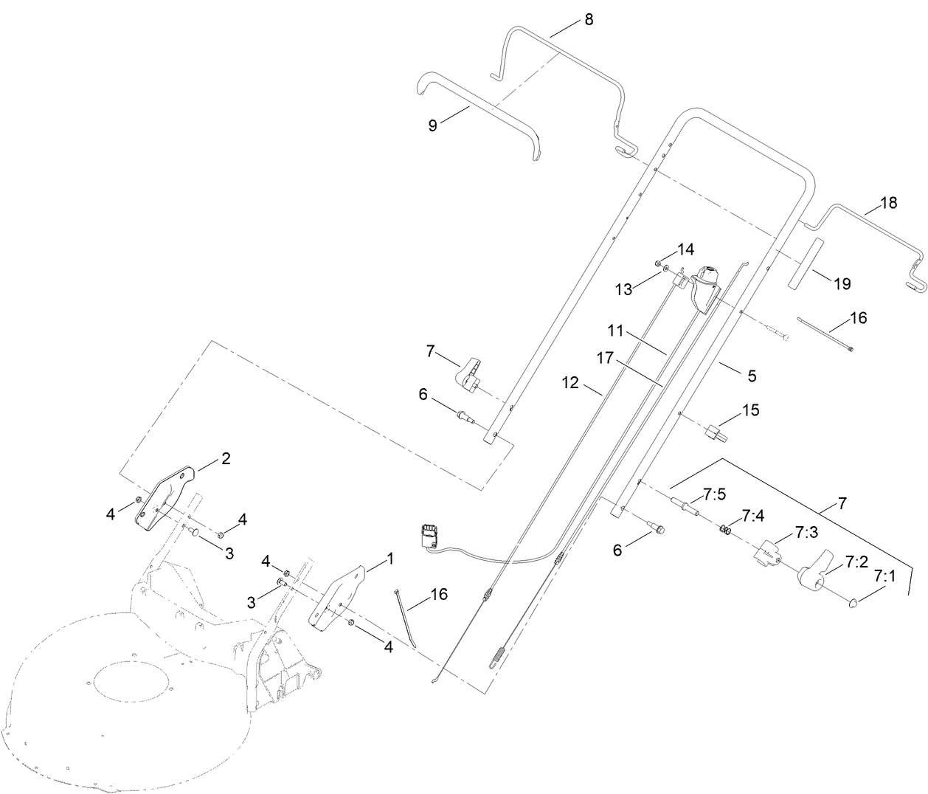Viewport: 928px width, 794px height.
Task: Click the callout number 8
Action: tap(588, 20)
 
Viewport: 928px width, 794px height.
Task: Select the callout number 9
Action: tap(432, 125)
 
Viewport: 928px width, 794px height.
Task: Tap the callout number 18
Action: tap(889, 203)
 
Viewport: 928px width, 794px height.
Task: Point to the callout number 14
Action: tap(686, 249)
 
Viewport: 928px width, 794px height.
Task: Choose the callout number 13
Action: tap(624, 289)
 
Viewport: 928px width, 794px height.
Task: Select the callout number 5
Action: tap(752, 376)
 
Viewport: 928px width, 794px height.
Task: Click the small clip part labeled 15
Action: tap(716, 432)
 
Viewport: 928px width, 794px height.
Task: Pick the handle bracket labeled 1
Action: tap(337, 597)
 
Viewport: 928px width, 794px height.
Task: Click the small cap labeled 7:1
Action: tap(852, 603)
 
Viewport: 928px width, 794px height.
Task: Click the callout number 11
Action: tap(616, 329)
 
